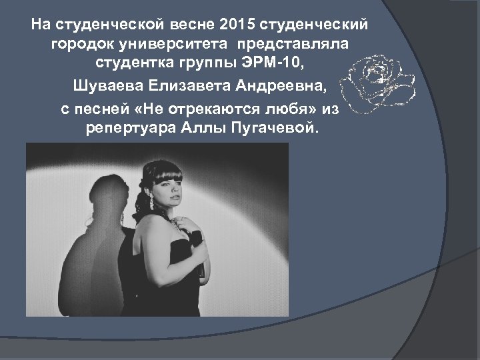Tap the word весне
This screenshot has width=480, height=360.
[197, 25]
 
